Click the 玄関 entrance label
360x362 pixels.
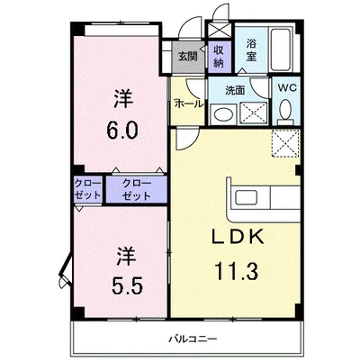click(188, 57)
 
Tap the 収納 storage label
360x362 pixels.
click(219, 57)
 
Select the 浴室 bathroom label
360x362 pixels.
click(251, 50)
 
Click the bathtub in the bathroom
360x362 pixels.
click(281, 50)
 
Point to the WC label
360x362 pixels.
click(287, 88)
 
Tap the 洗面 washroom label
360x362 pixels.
click(235, 90)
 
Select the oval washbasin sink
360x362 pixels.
click(222, 114)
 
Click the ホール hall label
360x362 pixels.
click(189, 104)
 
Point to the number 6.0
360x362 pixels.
click(122, 131)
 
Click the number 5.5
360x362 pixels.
click(126, 285)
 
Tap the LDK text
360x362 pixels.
click(238, 237)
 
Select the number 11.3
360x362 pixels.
click(237, 271)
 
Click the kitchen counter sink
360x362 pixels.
click(246, 198)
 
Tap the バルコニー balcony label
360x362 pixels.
click(193, 339)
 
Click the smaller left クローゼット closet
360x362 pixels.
click(88, 189)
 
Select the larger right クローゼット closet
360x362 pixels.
click(137, 190)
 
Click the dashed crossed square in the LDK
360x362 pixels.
click(285, 143)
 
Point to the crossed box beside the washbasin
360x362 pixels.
click(254, 113)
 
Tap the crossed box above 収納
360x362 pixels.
click(219, 31)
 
